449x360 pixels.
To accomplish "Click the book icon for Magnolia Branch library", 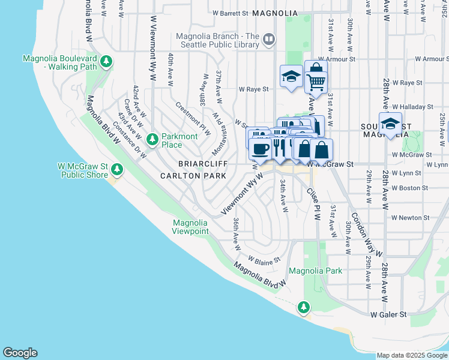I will tap(269, 41).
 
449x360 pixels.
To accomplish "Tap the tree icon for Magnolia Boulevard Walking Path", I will tap(106, 61).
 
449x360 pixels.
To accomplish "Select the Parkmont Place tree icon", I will tap(152, 139).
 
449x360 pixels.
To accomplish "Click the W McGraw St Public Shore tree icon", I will tap(116, 170).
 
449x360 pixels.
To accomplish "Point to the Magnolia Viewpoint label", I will tap(190, 227).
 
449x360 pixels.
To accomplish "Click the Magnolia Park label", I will tap(315, 271).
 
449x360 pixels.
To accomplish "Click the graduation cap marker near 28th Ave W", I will tap(390, 124).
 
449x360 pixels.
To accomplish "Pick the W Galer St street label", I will tap(388, 314).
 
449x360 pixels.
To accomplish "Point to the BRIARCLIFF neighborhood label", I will tap(201, 164).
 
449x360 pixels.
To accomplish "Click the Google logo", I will tap(20, 353).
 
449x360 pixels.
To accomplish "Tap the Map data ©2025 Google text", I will tap(411, 355).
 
